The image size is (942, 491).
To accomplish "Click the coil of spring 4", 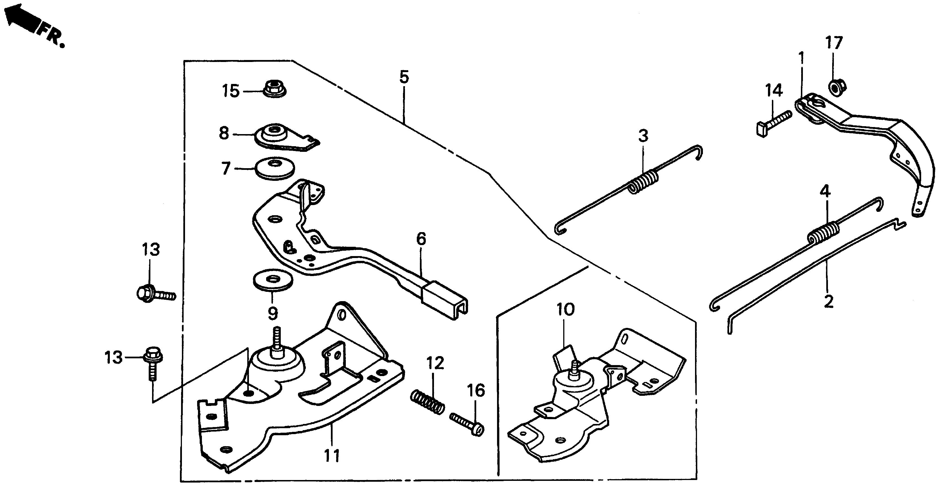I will pos(824,233).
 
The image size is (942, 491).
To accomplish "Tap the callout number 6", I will pos(421,240).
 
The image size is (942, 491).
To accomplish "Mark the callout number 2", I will pos(828,302).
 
